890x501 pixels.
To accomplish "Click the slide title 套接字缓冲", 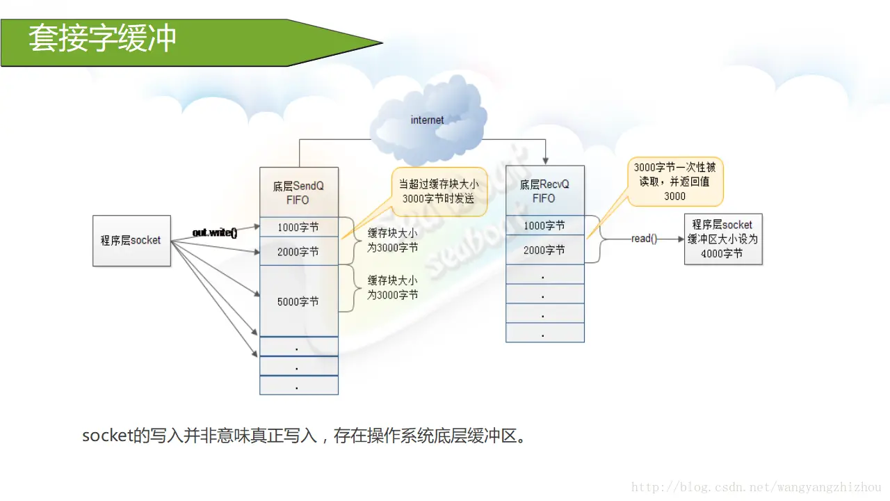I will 102,39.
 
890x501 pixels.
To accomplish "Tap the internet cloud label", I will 427,120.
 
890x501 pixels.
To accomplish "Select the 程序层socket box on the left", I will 131,240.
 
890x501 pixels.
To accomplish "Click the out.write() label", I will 215,232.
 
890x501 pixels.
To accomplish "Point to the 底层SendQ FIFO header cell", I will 298,193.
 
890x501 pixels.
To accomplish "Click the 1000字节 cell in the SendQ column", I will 298,228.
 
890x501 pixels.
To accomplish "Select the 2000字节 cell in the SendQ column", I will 298,252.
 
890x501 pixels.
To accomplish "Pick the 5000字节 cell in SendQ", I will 298,301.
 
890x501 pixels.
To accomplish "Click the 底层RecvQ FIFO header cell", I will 544,191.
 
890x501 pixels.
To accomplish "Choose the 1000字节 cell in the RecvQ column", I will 544,225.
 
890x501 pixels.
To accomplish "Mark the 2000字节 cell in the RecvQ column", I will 544,250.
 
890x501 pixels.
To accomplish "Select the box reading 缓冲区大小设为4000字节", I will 724,239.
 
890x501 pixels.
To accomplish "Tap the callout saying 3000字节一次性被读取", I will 674,181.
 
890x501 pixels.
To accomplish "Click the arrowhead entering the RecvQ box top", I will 545,161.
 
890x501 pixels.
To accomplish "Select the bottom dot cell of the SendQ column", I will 298,385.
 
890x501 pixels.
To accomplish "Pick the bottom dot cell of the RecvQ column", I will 544,333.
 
